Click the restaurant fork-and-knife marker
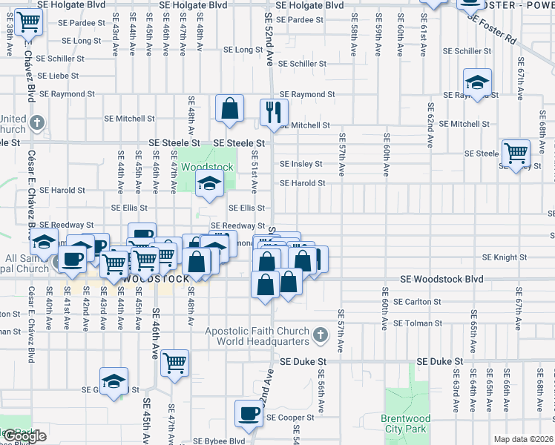click(274, 112)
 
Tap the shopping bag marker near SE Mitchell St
click(230, 108)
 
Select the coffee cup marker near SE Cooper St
click(249, 412)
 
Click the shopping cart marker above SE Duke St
click(175, 363)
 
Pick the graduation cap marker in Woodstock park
click(210, 185)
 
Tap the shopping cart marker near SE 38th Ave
click(28, 25)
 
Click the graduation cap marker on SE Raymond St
click(477, 81)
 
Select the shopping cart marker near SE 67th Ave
click(516, 153)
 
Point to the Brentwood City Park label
click(404, 423)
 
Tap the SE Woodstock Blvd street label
click(441, 280)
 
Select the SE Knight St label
click(504, 257)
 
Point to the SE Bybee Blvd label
click(218, 441)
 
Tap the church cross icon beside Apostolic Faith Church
click(321, 336)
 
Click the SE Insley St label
click(301, 164)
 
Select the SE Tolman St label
click(417, 323)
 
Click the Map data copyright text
click(523, 439)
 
